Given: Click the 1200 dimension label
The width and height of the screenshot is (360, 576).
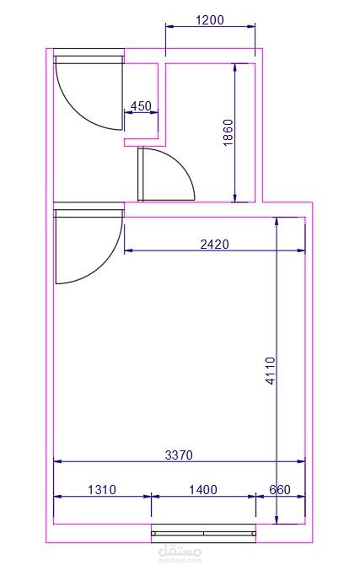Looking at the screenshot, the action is tap(210, 19).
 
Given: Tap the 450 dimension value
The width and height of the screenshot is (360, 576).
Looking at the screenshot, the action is tap(141, 105).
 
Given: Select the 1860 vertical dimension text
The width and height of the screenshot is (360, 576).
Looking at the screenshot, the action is tap(228, 132).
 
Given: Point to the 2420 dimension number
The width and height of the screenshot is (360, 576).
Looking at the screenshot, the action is tap(214, 244).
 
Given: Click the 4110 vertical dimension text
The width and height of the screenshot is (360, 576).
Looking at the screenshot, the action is tap(270, 371).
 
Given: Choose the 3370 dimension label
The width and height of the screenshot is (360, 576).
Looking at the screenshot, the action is tap(179, 455).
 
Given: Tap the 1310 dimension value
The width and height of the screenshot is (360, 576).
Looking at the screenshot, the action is tap(102, 489).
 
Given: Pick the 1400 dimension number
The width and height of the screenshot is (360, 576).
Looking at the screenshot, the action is tap(203, 489).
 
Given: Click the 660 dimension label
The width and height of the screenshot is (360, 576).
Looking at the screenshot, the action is tap(280, 489).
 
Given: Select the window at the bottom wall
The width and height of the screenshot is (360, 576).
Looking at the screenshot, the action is tap(204, 533).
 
